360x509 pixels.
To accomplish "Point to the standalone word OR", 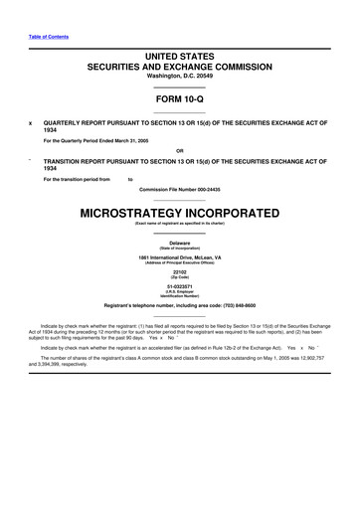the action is click(179, 151).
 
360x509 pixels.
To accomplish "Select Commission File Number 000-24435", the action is click(179, 189).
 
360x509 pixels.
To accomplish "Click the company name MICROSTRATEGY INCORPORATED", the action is click(179, 214).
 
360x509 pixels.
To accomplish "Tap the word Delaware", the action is click(179, 243).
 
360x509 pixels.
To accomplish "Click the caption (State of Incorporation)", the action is click(179, 249).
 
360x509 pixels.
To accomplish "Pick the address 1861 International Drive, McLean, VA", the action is click(179, 257).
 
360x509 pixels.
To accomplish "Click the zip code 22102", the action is click(179, 271).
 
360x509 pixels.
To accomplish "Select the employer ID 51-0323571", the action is click(179, 285).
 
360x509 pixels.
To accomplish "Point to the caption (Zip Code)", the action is click(179, 277).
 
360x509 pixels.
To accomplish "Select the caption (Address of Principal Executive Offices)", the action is click(179, 263).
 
